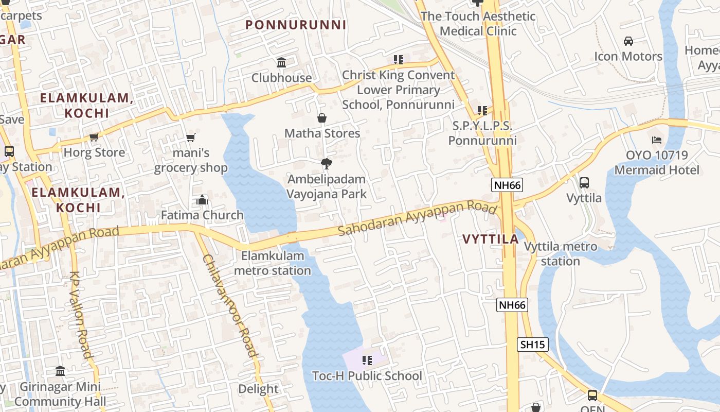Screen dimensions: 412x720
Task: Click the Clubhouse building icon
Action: click(x=281, y=63)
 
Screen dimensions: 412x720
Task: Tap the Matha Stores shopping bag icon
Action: click(x=322, y=118)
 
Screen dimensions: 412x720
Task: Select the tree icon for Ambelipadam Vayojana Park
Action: click(x=326, y=164)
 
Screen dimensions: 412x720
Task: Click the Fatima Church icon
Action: click(x=202, y=200)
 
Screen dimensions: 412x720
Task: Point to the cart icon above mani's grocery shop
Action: click(x=191, y=138)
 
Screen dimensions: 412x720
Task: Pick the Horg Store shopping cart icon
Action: click(x=94, y=137)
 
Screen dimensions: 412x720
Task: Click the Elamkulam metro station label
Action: click(x=273, y=263)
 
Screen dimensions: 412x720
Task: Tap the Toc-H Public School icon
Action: click(x=367, y=360)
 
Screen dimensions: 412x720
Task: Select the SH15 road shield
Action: click(x=532, y=345)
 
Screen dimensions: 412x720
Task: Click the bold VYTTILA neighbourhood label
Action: click(x=490, y=239)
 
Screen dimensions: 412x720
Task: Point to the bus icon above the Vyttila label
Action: click(x=584, y=182)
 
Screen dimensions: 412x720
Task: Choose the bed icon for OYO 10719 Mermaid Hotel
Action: click(x=656, y=140)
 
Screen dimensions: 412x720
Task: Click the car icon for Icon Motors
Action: click(x=628, y=41)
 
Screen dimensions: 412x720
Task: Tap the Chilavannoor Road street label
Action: click(x=229, y=306)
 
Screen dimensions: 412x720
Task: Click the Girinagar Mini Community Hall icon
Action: click(x=60, y=371)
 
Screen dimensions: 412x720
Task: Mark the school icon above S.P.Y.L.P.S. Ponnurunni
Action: click(x=482, y=110)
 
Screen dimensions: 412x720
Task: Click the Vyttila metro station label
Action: click(x=561, y=254)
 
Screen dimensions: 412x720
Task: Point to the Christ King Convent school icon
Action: click(x=399, y=60)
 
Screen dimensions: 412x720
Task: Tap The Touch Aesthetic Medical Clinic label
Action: click(x=478, y=24)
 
